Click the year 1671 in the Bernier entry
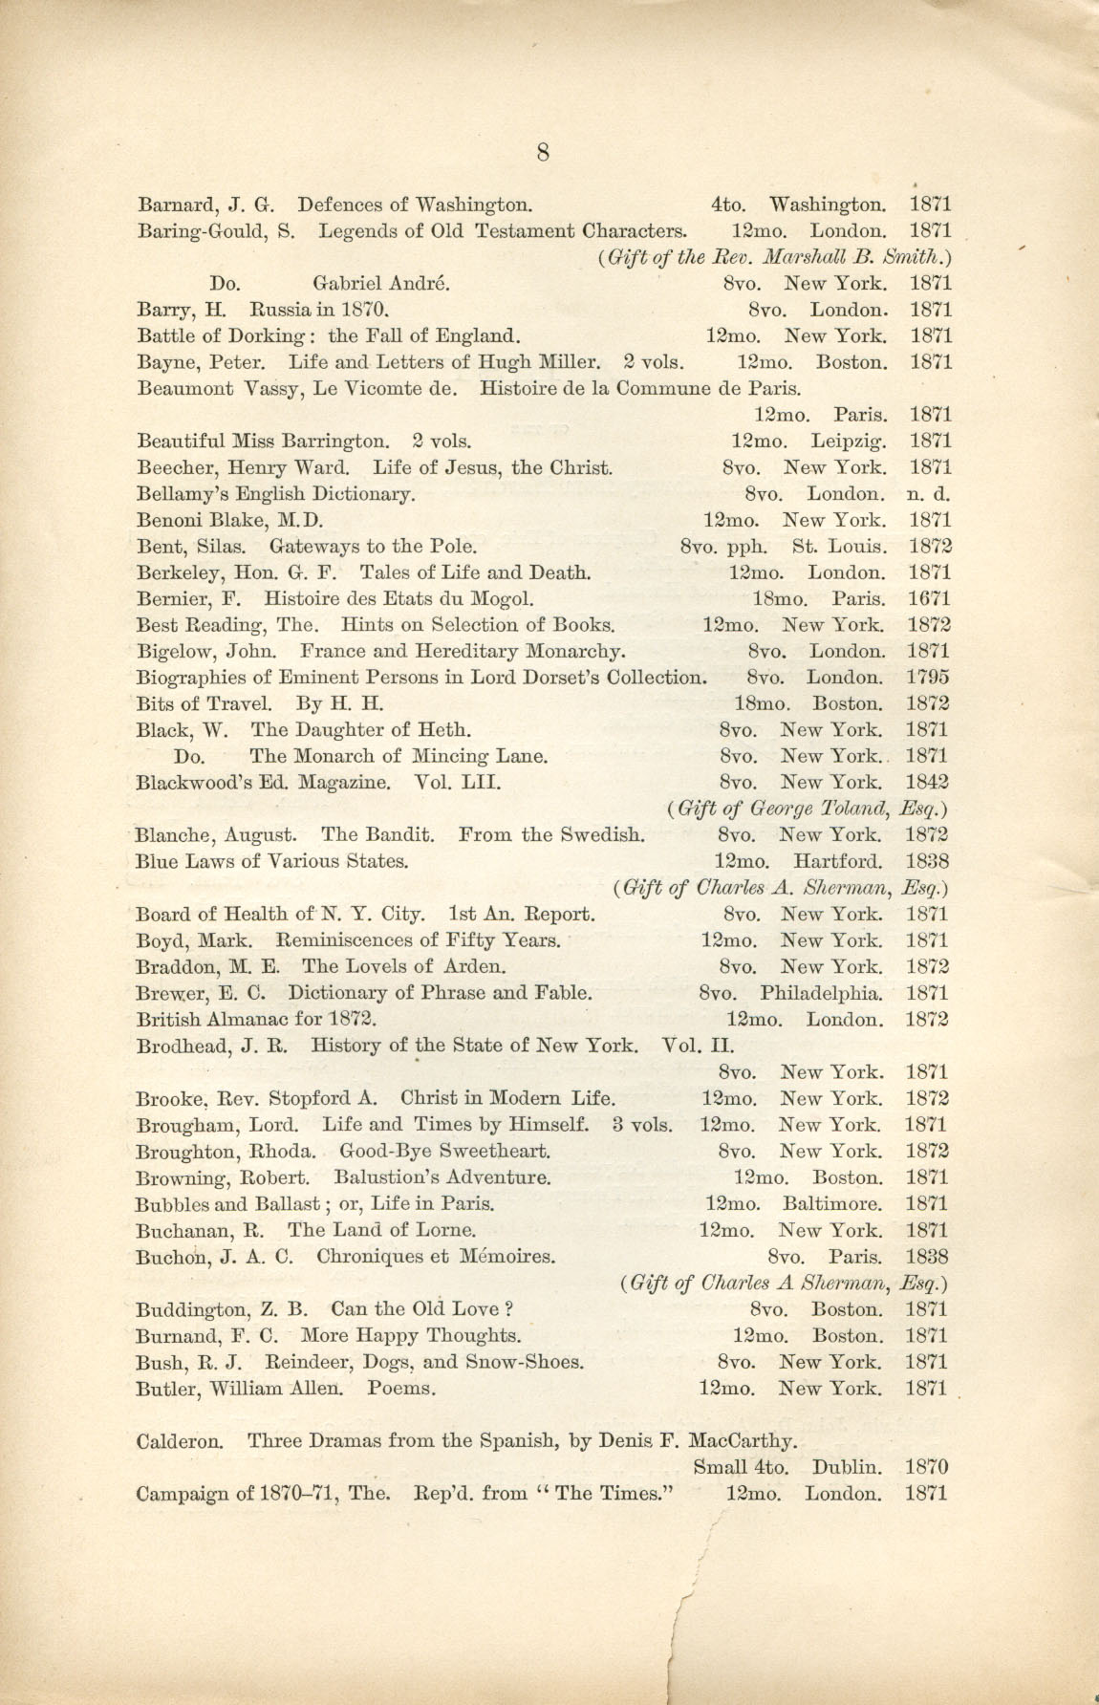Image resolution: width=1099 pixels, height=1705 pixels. click(x=928, y=599)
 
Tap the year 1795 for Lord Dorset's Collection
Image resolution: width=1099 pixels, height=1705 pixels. click(x=927, y=678)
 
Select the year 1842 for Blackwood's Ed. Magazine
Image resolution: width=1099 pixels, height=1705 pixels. click(x=927, y=782)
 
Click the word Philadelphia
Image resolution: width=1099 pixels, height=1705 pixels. click(x=821, y=992)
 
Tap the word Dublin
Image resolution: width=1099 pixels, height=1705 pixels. click(x=848, y=1466)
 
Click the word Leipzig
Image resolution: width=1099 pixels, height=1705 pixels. click(x=848, y=442)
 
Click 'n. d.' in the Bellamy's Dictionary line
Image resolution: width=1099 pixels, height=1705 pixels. click(x=928, y=494)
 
